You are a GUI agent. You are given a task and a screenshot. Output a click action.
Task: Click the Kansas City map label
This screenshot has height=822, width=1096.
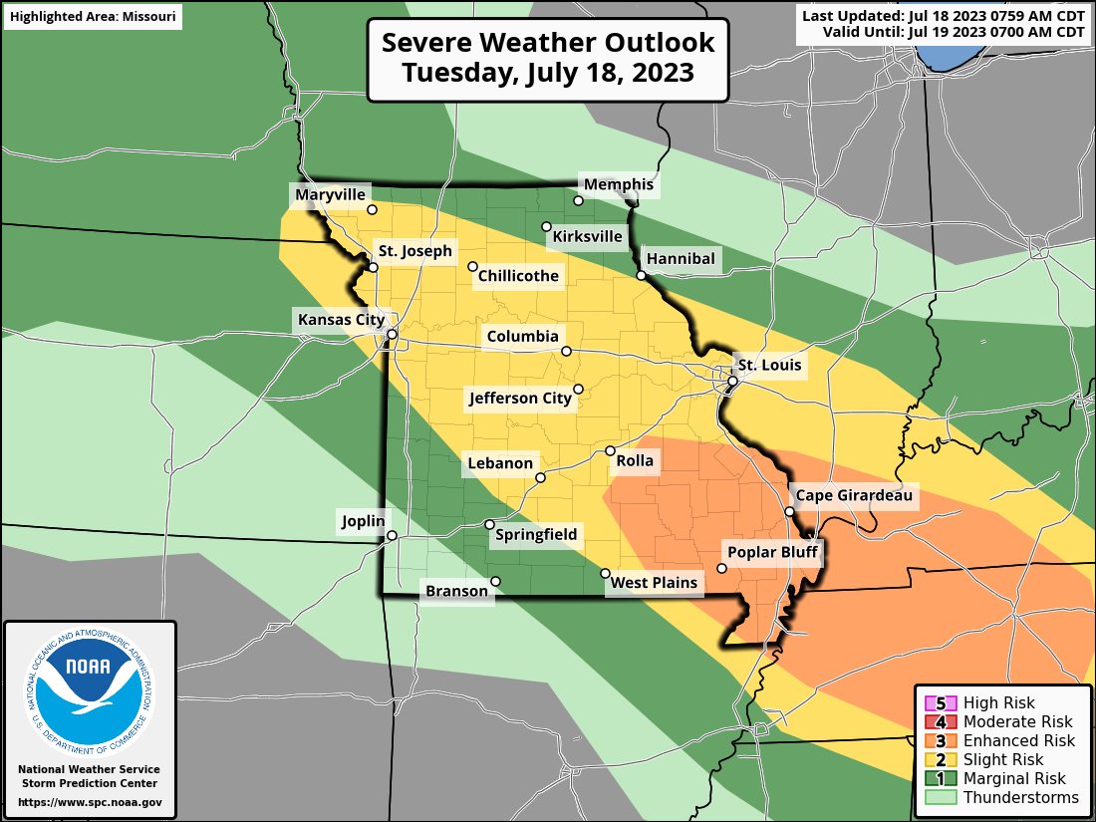[340, 320]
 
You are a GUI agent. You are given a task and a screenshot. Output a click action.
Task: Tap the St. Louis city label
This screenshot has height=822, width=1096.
[767, 365]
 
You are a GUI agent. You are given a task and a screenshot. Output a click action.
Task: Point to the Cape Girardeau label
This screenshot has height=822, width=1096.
[852, 495]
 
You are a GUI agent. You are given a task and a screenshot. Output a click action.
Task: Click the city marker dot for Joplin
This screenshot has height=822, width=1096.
[392, 535]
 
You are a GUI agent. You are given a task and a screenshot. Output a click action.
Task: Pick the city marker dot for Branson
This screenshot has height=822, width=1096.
[495, 582]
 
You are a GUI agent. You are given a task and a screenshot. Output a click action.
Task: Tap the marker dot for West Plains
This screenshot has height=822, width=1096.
[605, 573]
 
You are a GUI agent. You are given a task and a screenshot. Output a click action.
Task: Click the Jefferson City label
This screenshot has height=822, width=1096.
[520, 399]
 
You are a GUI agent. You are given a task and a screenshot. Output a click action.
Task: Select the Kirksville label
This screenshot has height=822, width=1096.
[587, 237]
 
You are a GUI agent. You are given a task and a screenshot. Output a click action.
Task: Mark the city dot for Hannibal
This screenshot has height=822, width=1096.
[641, 275]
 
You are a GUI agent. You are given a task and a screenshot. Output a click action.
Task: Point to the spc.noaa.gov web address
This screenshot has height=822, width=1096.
[90, 802]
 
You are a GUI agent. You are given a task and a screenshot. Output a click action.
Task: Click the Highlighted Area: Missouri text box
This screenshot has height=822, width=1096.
[92, 17]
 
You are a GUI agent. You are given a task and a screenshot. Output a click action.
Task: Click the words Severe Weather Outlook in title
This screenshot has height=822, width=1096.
[548, 44]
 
